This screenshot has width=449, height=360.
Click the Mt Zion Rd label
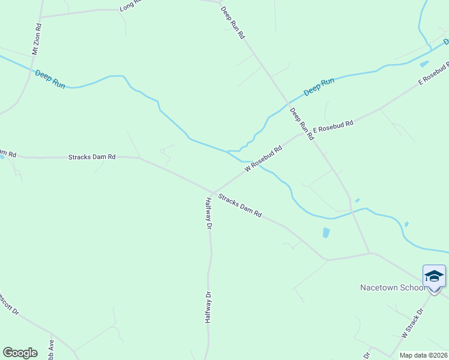pos(38,40)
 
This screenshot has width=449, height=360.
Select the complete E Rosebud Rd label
pos(333,127)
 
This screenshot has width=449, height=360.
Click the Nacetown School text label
pos(393,287)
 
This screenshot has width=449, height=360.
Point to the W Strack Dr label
pos(412,322)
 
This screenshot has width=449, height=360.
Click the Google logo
pos(20,352)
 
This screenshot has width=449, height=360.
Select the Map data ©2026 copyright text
pos(424,355)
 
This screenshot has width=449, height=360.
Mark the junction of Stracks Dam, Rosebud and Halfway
pos(212,192)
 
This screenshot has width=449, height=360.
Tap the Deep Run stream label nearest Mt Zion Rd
pos(50,79)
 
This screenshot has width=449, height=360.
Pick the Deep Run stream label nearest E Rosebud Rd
pos(319,86)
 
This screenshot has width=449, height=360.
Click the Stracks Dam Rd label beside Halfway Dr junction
pos(240,205)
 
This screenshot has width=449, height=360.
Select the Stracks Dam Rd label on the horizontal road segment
pos(92,157)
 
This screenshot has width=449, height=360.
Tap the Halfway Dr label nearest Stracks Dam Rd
pos(209,213)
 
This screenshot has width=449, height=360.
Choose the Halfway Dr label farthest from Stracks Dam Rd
pos(208,307)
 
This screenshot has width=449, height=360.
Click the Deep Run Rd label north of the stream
pos(233,23)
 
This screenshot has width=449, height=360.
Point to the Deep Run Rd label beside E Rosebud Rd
pos(302,123)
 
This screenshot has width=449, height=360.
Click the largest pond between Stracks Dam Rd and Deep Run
pos(326,232)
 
